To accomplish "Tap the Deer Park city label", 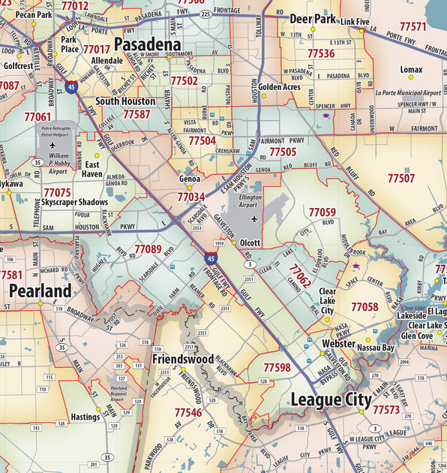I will [313, 20].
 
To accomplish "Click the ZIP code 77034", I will [191, 197].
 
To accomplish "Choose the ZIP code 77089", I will [148, 249].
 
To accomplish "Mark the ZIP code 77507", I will [400, 178].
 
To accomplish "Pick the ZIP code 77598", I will [277, 367].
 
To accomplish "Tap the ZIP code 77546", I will [187, 412].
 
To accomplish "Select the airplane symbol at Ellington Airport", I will [254, 219].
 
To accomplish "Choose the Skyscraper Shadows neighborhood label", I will [74, 203].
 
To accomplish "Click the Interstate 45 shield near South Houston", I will [70, 87].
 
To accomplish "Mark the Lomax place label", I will [411, 70].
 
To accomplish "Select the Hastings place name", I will [85, 417].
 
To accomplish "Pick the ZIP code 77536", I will [320, 53].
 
